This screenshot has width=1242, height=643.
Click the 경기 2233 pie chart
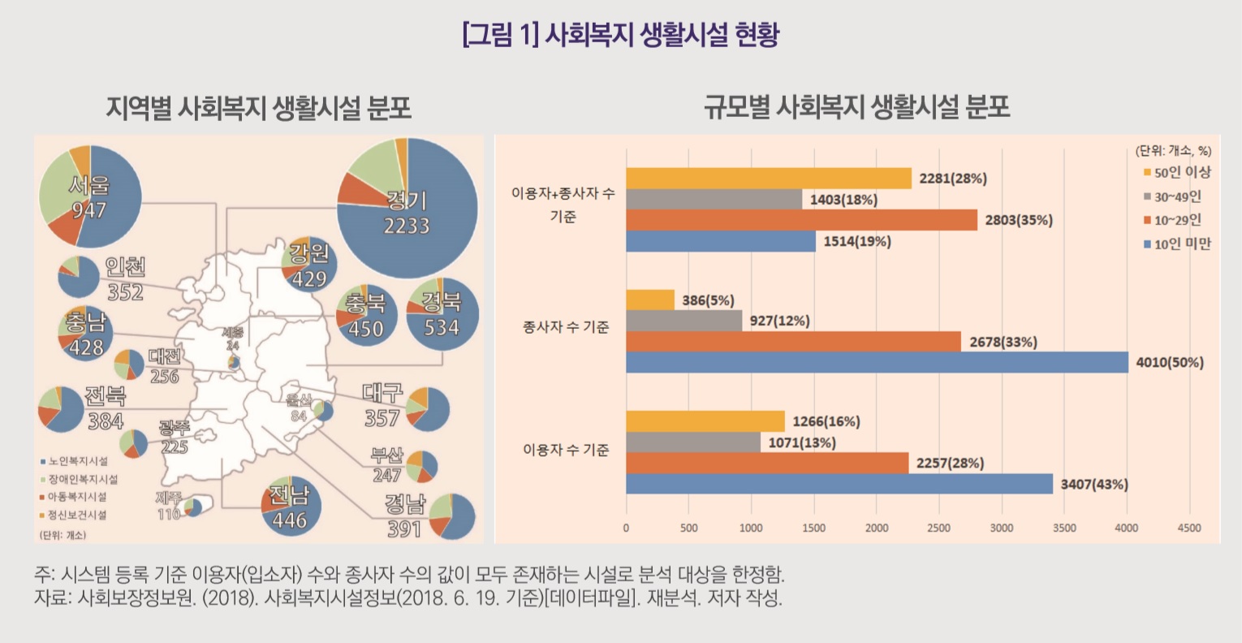click(408, 208)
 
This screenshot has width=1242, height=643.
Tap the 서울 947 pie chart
click(90, 196)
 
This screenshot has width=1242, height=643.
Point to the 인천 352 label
click(125, 279)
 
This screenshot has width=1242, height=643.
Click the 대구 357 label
click(382, 405)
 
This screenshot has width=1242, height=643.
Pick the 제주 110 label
click(169, 505)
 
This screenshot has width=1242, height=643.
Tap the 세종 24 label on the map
click(233, 339)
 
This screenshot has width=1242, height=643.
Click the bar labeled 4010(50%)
click(877, 362)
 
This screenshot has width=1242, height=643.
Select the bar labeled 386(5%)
click(649, 300)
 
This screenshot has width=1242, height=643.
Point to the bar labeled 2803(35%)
click(801, 220)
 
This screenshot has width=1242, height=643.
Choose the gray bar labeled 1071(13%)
click(693, 442)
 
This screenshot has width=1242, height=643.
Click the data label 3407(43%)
click(1094, 485)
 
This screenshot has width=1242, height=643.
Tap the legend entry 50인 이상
click(1176, 172)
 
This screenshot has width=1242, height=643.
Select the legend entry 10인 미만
click(1176, 244)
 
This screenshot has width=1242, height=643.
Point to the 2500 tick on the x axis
click(938, 528)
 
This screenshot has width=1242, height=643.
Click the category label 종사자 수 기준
click(566, 327)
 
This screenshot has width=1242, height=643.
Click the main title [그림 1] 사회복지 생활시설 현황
click(620, 36)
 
